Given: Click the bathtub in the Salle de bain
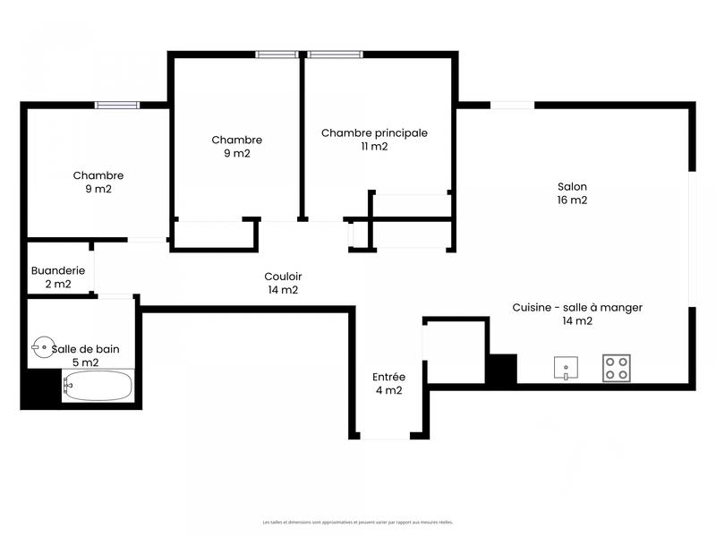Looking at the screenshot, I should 98,387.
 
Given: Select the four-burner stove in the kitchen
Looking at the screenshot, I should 616,368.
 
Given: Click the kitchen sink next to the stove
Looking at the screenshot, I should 565,368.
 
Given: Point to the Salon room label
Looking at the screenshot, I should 572,187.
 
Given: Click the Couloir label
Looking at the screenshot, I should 282,277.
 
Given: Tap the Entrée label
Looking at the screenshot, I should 388,377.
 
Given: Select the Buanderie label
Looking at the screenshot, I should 58,270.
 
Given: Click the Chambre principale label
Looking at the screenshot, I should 374,133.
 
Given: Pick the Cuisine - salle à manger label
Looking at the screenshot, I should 577,307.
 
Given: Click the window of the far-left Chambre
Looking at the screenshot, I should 117,105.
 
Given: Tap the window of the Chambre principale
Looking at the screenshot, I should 336,55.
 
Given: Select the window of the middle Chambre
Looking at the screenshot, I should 277,55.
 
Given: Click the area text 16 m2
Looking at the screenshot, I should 572,200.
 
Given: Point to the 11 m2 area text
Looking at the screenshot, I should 374,147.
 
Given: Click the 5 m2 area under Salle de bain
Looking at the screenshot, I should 85,362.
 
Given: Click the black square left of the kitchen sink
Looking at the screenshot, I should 501,369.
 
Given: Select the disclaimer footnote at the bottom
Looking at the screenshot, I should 358,522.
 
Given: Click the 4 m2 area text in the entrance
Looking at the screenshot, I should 388,390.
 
